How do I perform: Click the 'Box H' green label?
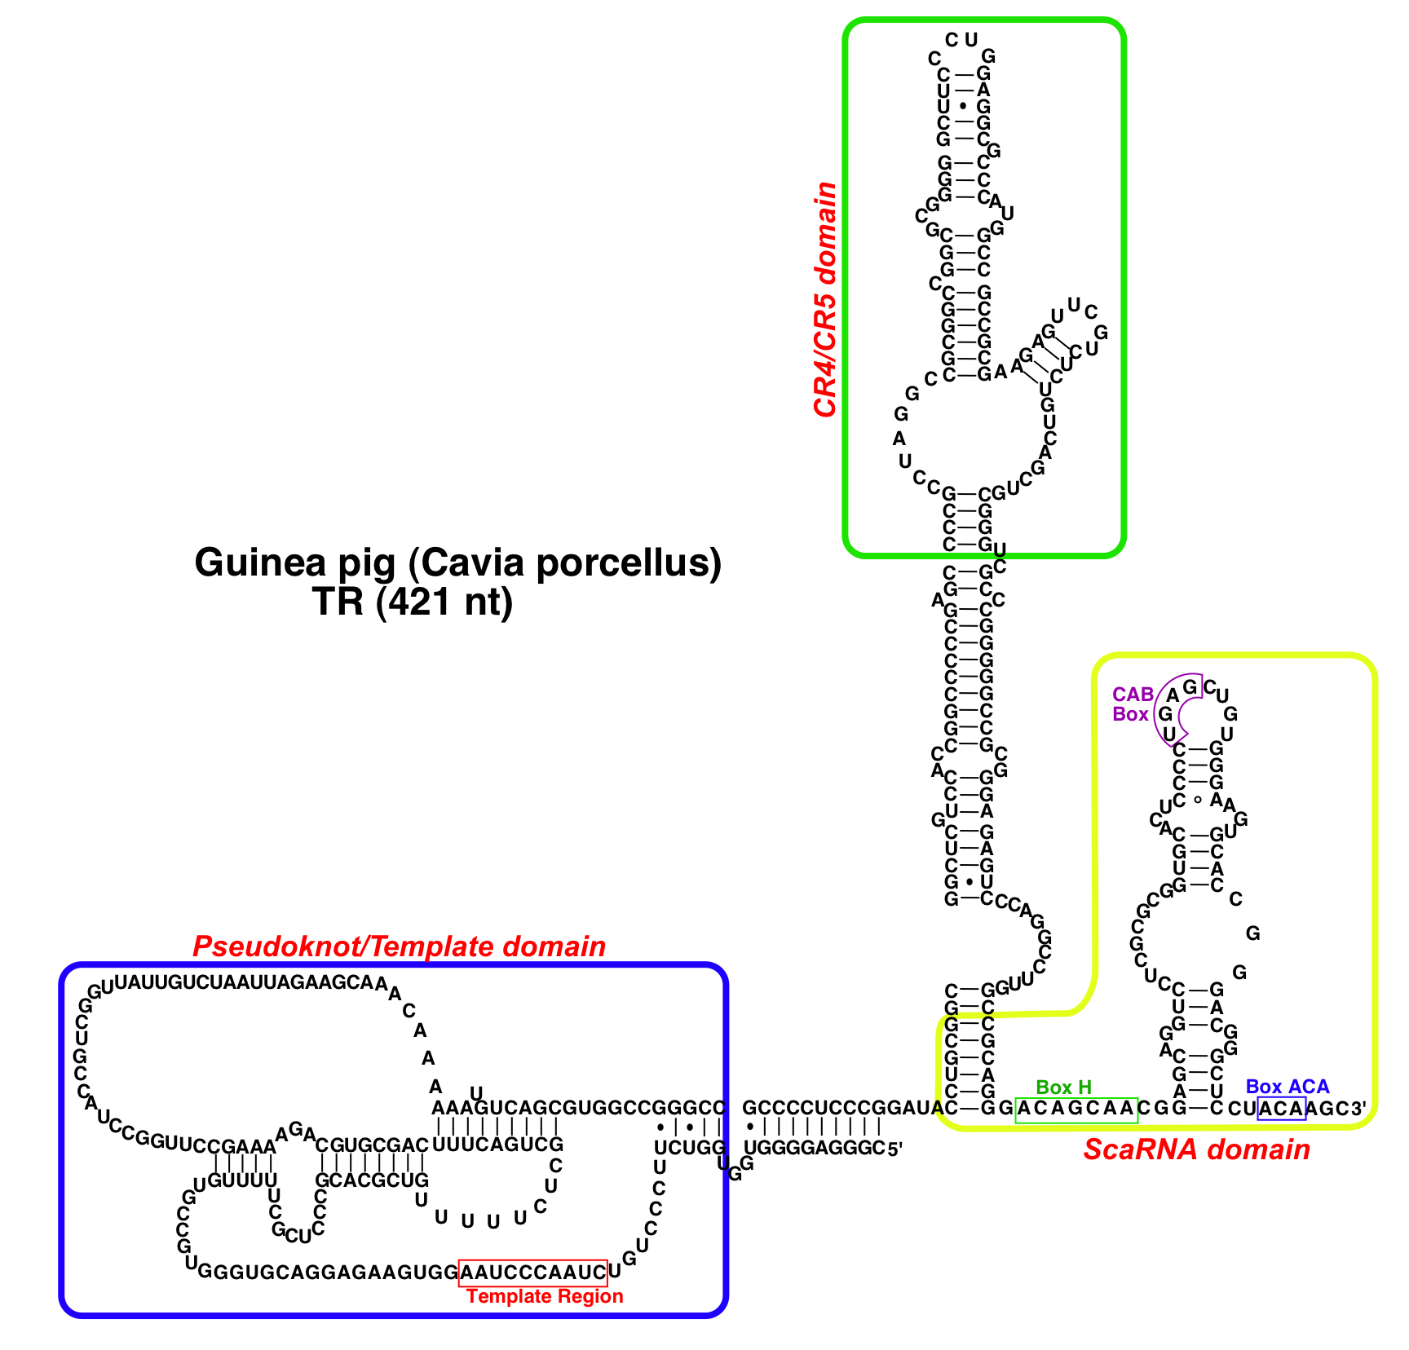pos(1063,1087)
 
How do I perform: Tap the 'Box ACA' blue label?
pos(1287,1087)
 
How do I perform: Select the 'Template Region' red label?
pos(545,1296)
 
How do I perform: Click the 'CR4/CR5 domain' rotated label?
pos(825,300)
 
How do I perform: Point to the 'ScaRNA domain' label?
pos(1196,1149)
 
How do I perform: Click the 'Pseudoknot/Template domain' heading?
pos(399,946)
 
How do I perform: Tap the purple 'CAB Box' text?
pos(1133,704)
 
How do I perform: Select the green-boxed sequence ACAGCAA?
pos(1076,1109)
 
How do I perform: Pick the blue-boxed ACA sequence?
pos(1282,1109)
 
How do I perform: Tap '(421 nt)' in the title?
pos(444,602)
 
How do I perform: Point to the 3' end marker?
pos(1359,1109)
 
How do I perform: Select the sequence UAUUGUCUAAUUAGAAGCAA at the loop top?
pos(245,982)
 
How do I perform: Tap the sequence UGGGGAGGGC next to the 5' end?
pos(815,1149)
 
